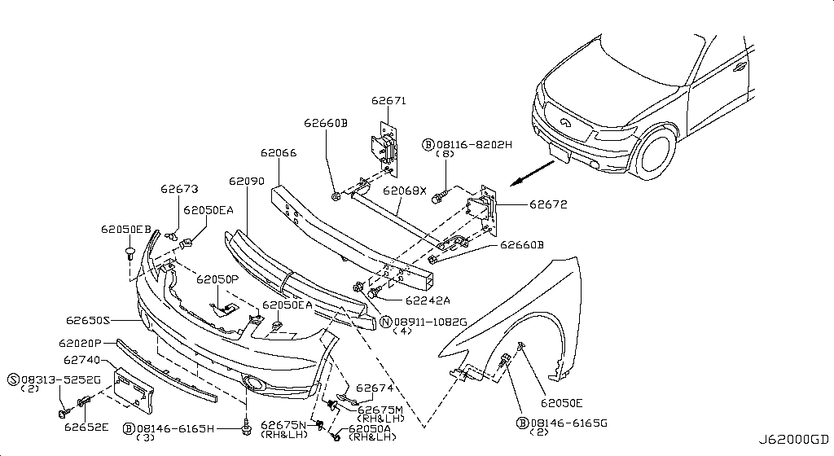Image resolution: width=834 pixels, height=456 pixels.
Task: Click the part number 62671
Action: (388, 101)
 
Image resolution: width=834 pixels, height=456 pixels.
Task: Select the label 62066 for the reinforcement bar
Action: (278, 152)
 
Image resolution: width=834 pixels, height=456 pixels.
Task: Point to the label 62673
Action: (178, 189)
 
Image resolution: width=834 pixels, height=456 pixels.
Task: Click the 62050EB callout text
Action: (125, 230)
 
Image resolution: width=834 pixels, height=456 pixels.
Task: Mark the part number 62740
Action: (81, 358)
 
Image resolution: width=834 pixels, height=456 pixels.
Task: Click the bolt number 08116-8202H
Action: (473, 144)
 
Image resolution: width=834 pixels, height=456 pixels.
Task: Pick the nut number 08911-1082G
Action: (429, 322)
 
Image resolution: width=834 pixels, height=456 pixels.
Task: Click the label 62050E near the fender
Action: (561, 402)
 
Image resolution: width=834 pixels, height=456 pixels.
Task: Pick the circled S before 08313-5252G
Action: (13, 379)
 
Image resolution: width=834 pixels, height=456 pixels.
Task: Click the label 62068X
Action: (405, 190)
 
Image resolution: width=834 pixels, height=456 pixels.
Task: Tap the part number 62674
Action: (375, 388)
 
